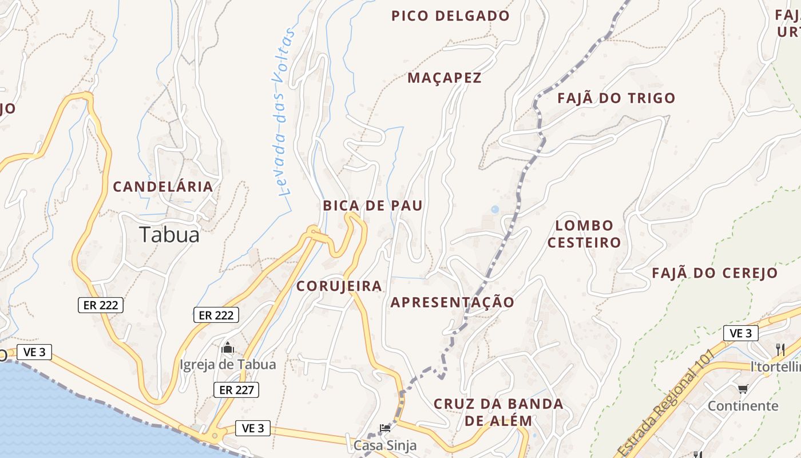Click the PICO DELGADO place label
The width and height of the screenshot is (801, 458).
[450, 16]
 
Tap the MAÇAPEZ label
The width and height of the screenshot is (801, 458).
[445, 78]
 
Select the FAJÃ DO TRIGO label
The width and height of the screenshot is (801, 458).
[616, 98]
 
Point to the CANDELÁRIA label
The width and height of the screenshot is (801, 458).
[162, 187]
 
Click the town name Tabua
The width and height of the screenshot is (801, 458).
[169, 235]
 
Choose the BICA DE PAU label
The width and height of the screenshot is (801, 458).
[372, 206]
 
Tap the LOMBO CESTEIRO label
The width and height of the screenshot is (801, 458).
[584, 234]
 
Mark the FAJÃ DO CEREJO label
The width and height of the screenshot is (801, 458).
[715, 273]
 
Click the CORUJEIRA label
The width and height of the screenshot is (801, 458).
[339, 286]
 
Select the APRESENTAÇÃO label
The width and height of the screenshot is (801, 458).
[452, 302]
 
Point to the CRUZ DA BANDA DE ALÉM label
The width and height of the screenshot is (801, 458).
[498, 412]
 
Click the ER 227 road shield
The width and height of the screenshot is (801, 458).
[236, 390]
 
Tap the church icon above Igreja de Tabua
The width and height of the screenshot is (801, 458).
[228, 348]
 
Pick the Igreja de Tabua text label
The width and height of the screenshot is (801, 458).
[228, 365]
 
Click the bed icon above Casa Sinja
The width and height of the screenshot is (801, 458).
[385, 428]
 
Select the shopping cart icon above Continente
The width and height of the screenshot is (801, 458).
[743, 389]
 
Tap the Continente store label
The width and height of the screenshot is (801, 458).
[743, 406]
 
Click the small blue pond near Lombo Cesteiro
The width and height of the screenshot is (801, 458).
[494, 210]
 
